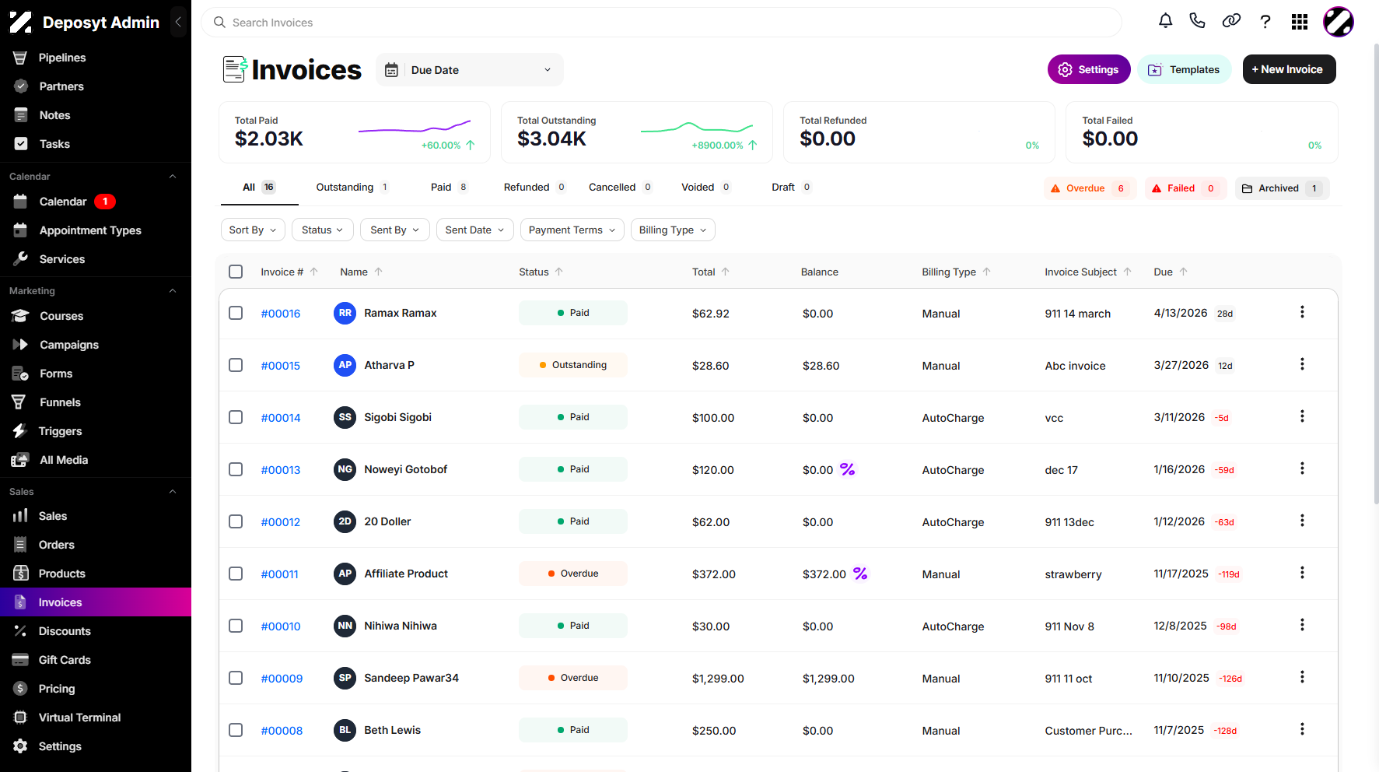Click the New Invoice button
1289,69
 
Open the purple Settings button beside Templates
1088,69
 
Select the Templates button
1184,69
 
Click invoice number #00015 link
281,366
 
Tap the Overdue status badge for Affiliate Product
573,574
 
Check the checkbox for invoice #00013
236,469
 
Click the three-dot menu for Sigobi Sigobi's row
1302,416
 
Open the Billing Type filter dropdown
673,230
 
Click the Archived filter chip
1282,188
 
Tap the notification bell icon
1165,21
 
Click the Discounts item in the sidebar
65,631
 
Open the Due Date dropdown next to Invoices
470,70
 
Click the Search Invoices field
661,23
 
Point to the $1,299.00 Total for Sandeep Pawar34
718,679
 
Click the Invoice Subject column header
1080,272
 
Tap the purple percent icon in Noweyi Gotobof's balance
848,469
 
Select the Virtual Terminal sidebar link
79,718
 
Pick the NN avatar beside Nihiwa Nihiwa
345,626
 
